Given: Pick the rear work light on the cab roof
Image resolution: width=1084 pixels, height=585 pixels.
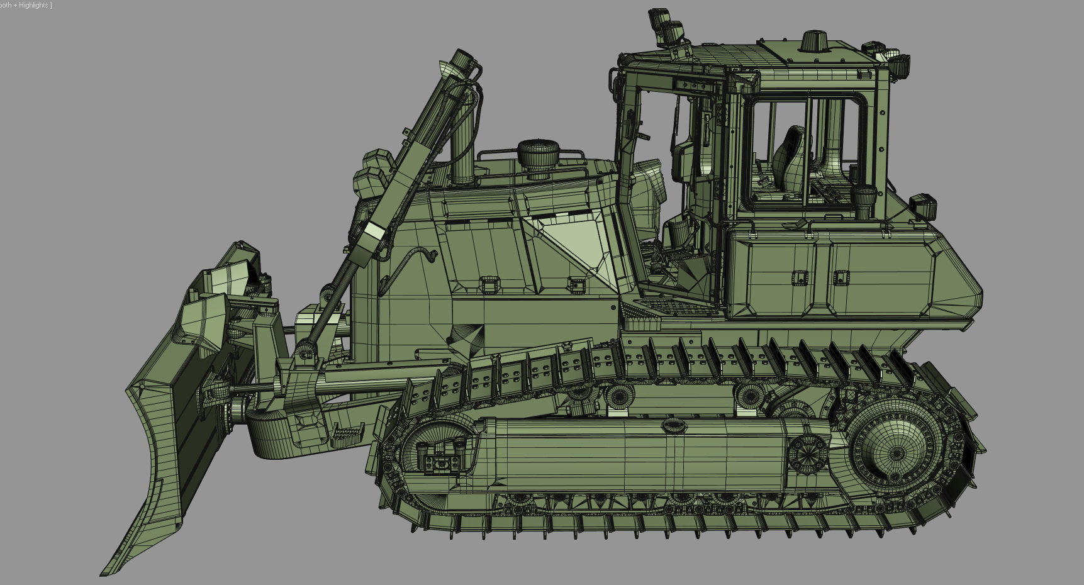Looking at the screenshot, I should pyautogui.click(x=898, y=65).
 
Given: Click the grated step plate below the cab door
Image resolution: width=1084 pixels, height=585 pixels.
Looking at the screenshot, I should pyautogui.click(x=676, y=308).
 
